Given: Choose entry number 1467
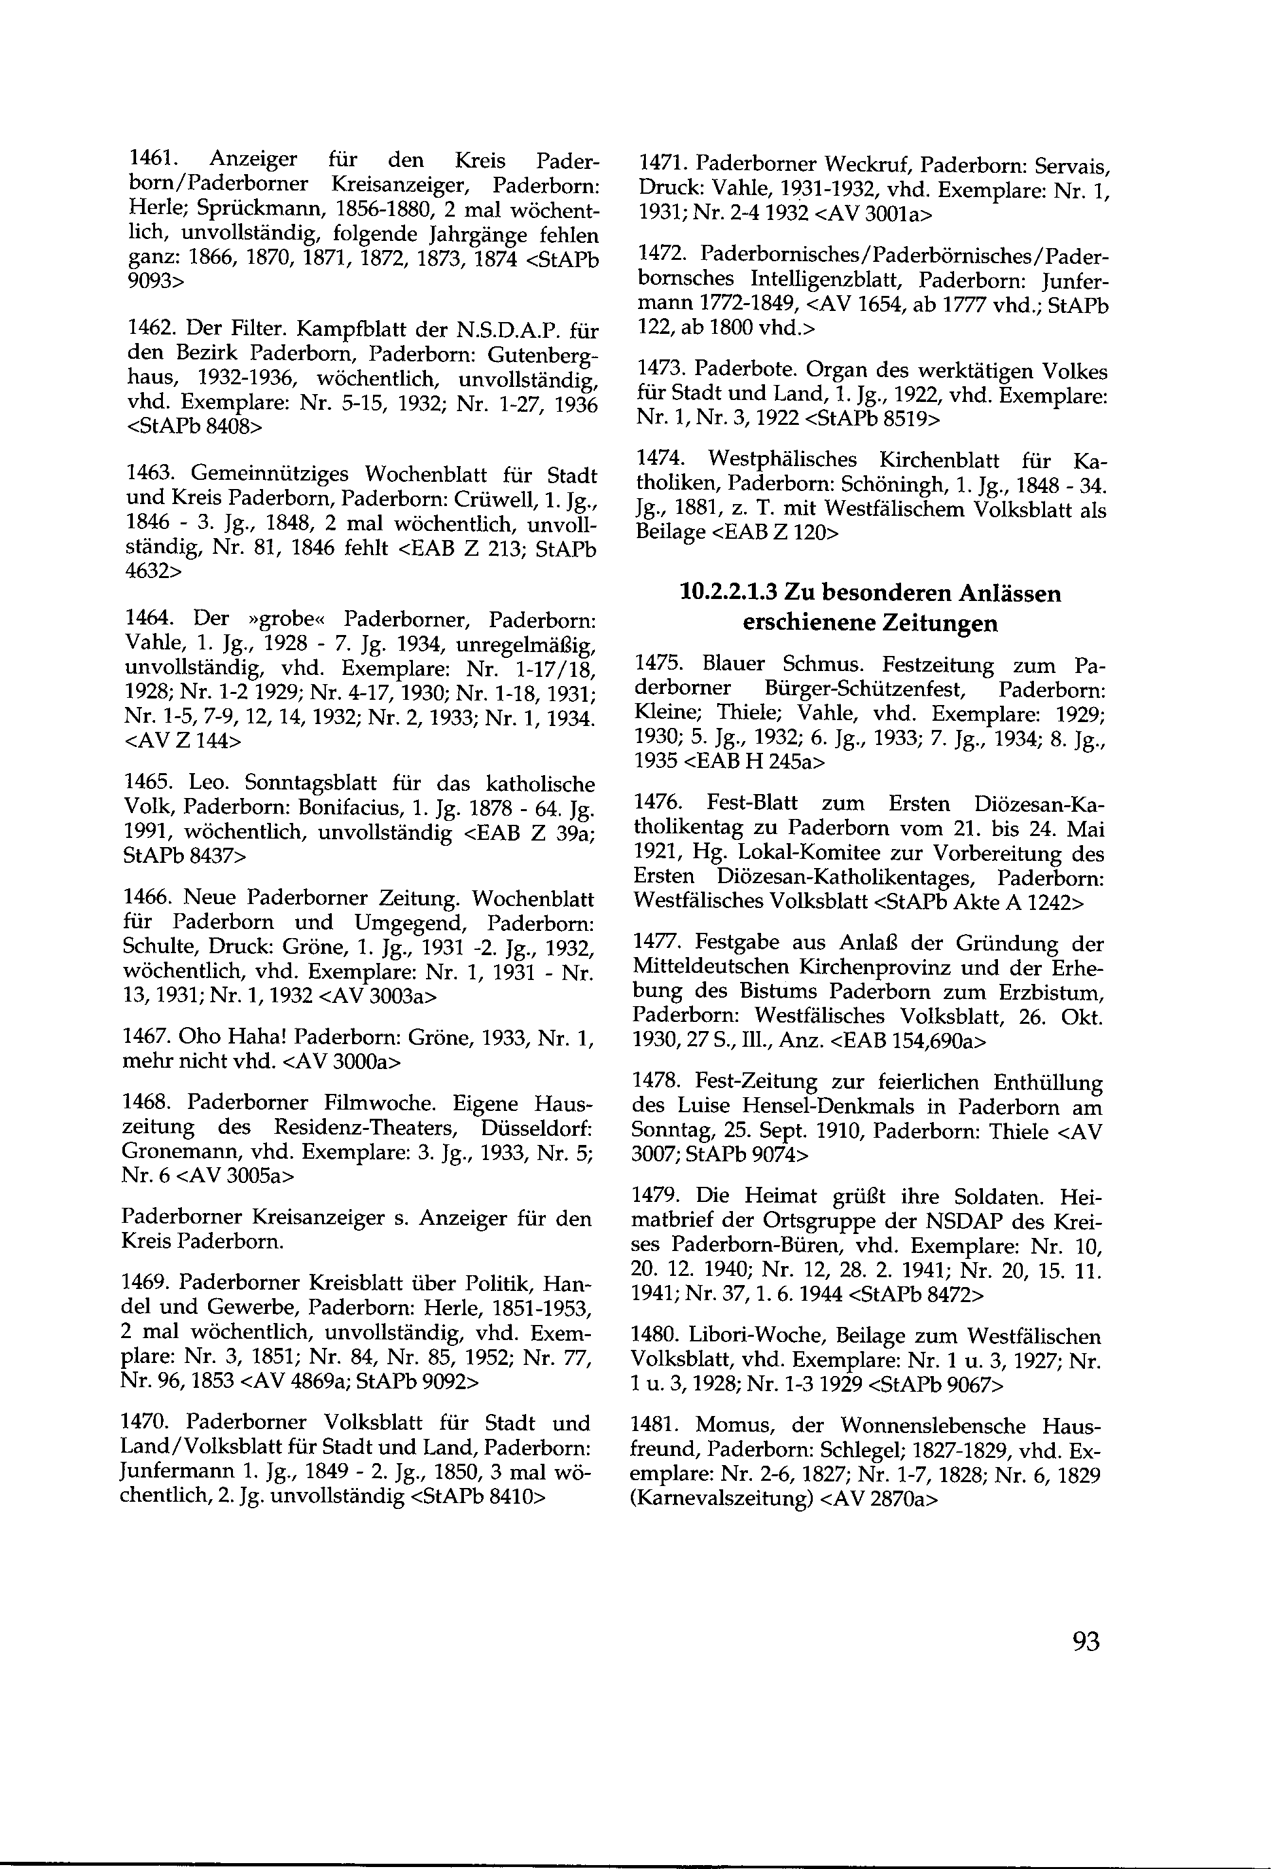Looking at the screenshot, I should tap(147, 1038).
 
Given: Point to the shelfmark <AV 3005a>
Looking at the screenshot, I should tap(235, 1176).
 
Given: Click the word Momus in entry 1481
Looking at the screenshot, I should tap(730, 1426).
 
